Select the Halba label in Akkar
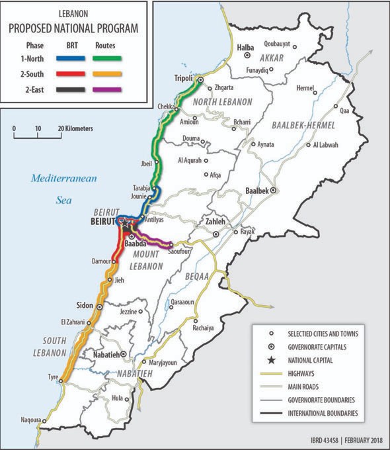coord(246,48)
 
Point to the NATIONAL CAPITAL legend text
coord(311,361)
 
